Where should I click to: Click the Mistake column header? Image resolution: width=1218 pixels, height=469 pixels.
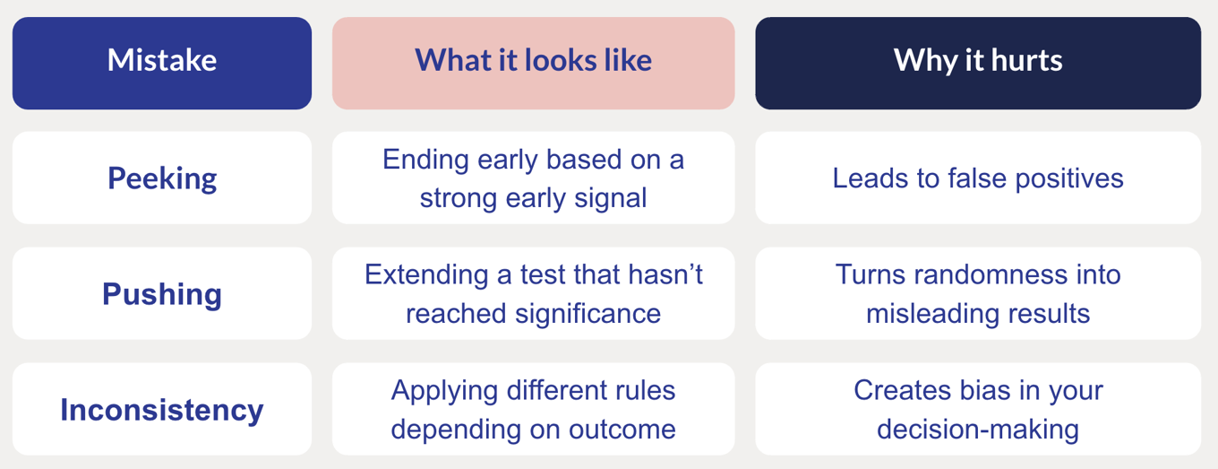click(162, 63)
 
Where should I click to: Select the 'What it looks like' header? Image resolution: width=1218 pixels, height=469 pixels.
click(534, 63)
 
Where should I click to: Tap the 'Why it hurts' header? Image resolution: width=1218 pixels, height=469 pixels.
click(978, 63)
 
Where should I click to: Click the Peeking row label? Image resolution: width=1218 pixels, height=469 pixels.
click(162, 178)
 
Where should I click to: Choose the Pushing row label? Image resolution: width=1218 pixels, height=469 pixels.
click(162, 293)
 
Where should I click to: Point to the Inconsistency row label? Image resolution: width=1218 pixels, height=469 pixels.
click(162, 409)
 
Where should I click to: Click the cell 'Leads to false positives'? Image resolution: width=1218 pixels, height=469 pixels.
click(978, 178)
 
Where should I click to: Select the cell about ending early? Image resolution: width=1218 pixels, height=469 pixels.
click(534, 178)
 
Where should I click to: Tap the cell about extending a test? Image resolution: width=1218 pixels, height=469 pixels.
click(534, 293)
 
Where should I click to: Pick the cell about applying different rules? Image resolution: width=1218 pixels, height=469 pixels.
click(534, 409)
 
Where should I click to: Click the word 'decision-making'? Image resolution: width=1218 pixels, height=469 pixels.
click(978, 430)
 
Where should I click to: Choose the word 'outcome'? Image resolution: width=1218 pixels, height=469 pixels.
click(622, 430)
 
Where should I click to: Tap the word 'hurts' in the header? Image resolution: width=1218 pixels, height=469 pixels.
click(1026, 60)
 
